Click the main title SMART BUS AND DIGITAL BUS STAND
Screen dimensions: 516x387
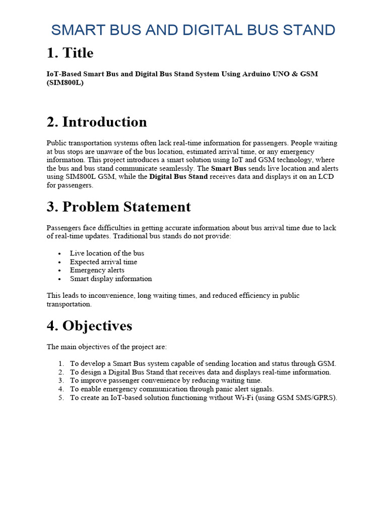point(193,30)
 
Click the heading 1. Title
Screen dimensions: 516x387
point(70,53)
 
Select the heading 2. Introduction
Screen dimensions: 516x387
point(97,122)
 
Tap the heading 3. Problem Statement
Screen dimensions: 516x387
point(118,207)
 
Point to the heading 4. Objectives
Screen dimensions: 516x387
point(89,326)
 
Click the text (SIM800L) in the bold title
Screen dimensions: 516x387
point(65,83)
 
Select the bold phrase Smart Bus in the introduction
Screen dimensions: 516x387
point(228,168)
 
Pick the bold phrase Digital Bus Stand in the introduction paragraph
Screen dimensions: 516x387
point(178,177)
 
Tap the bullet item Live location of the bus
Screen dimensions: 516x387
point(107,253)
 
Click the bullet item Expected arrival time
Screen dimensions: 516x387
point(103,262)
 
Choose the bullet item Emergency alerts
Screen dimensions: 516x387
point(97,270)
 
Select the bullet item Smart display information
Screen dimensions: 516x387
point(111,279)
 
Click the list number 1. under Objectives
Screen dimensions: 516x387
point(60,363)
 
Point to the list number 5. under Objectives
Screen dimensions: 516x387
point(60,398)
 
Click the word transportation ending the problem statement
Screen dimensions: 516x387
point(69,304)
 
